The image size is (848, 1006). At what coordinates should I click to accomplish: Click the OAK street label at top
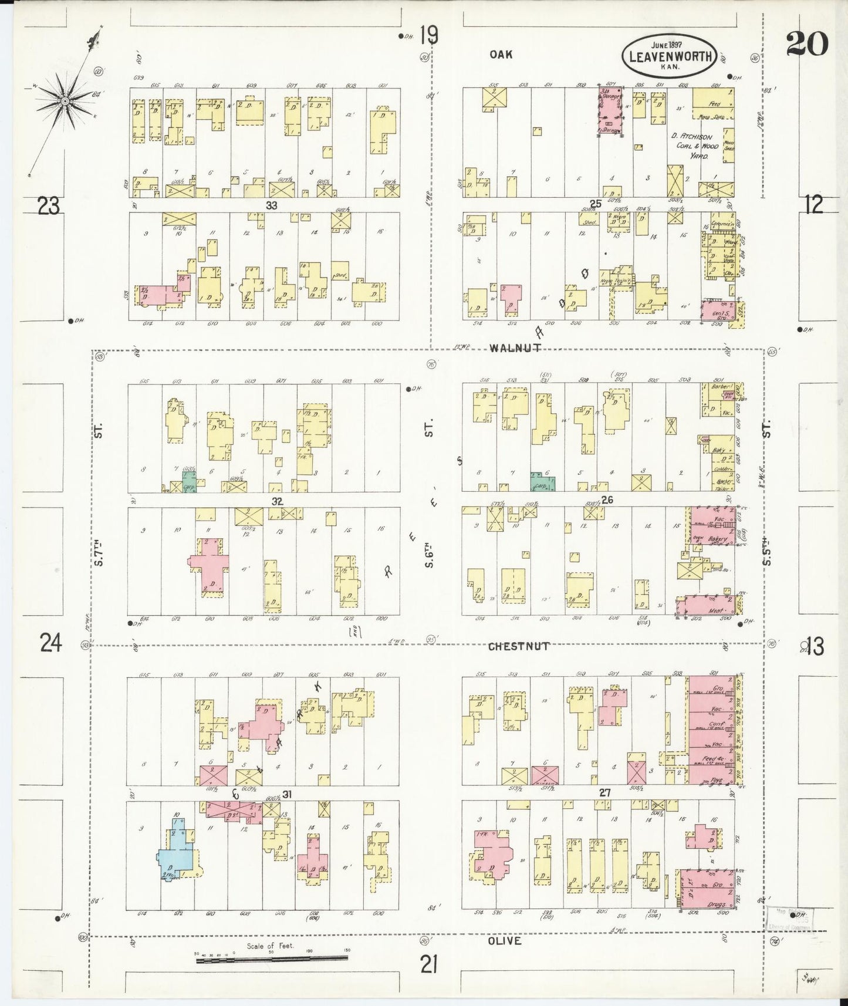501,54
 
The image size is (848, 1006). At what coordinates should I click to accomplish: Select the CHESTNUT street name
518,646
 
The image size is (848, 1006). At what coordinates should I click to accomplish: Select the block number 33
271,205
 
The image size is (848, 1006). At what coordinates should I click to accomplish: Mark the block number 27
605,793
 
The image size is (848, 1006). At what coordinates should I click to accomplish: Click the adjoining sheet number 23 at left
49,206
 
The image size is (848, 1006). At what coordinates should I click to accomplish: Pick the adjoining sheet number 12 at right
814,204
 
